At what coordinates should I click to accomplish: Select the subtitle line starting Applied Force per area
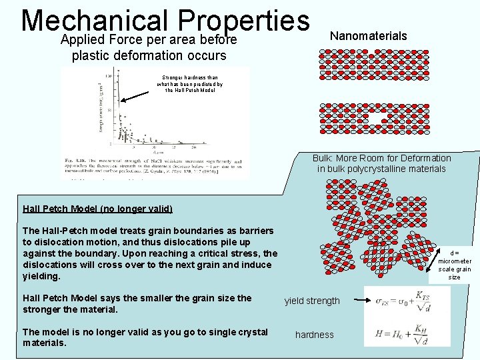(x=149, y=40)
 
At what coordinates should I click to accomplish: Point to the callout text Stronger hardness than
(x=189, y=78)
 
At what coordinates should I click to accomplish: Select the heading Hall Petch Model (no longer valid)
(x=97, y=209)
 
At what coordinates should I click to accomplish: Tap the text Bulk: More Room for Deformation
(x=381, y=158)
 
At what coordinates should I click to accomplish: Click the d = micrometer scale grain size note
(x=454, y=265)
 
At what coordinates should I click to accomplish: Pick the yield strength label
(x=312, y=301)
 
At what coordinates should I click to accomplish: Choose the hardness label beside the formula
(x=314, y=335)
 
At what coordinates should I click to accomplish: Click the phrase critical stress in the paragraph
(x=229, y=253)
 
